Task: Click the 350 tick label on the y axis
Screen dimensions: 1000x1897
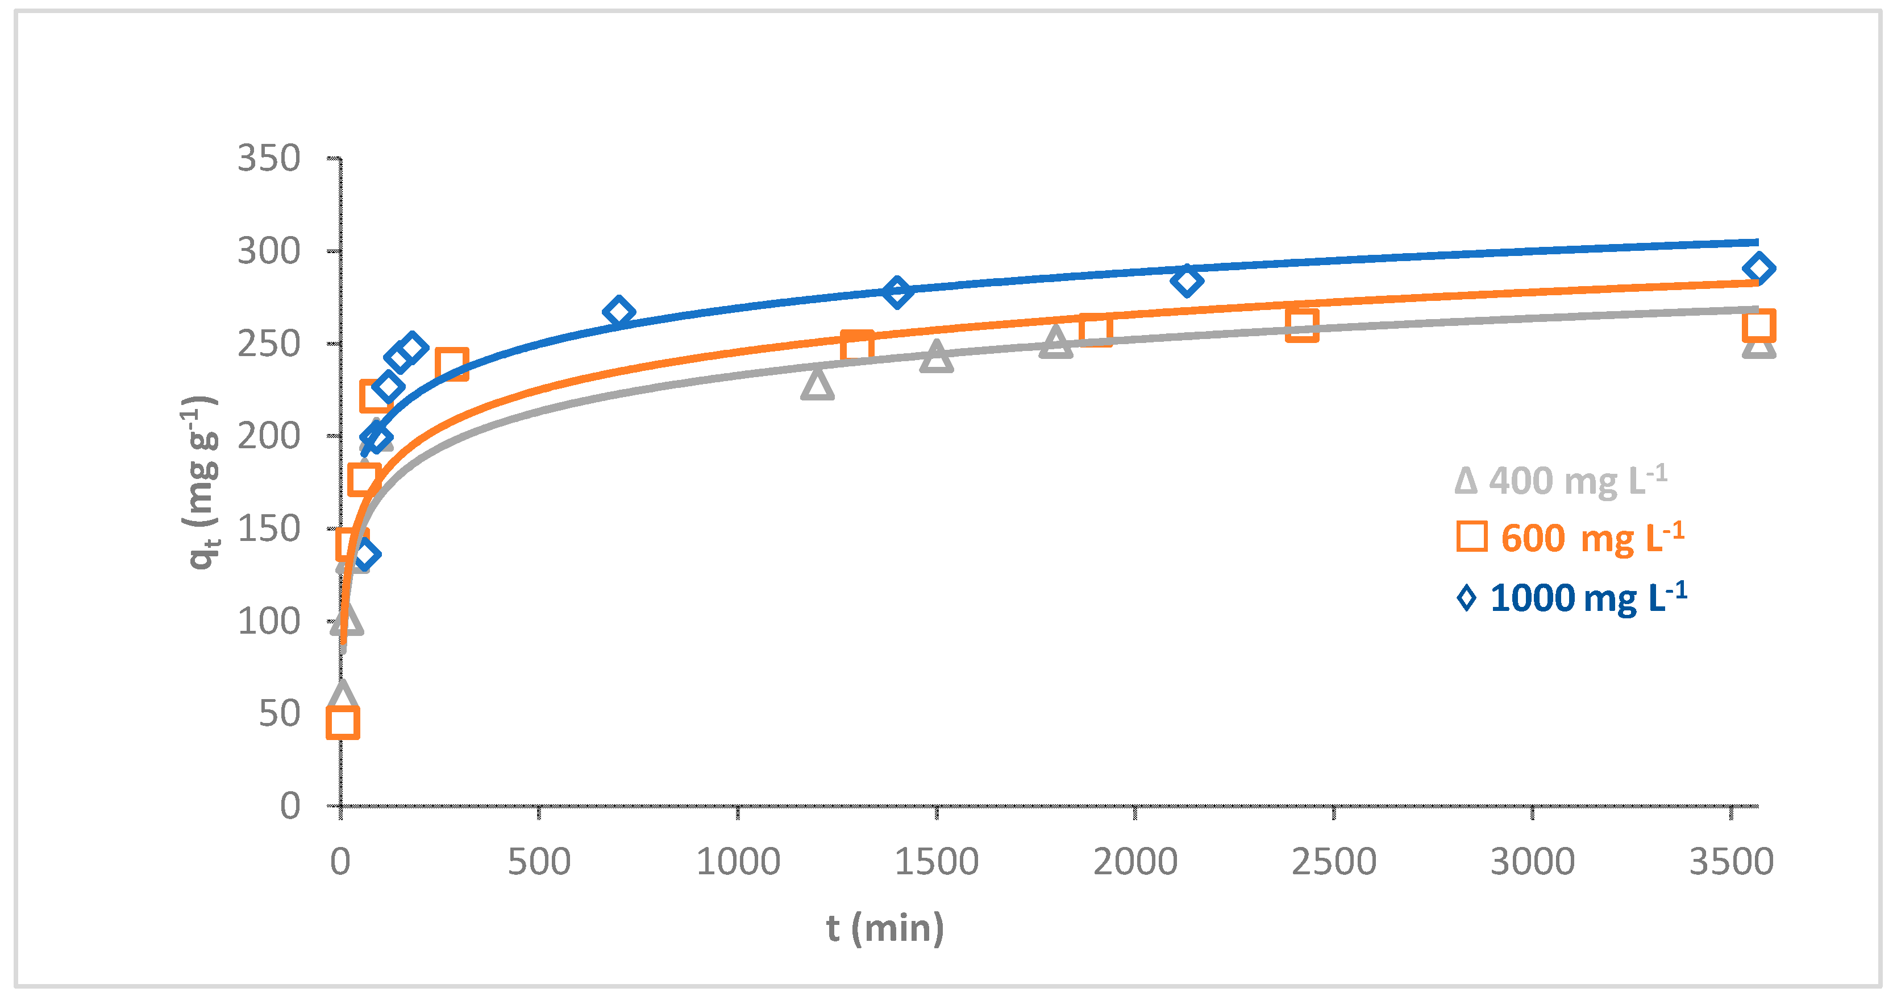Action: (x=269, y=159)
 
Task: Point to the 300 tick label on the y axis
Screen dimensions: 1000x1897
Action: (x=269, y=252)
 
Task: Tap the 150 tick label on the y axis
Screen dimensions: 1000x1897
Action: (x=269, y=529)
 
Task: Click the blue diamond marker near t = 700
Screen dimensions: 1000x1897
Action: (x=618, y=312)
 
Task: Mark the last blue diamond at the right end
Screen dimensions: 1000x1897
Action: (x=1758, y=268)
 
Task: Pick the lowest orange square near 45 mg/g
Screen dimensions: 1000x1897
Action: (x=343, y=722)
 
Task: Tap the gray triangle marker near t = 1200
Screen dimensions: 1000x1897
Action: (x=817, y=384)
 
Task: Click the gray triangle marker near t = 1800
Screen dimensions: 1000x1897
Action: (x=1055, y=342)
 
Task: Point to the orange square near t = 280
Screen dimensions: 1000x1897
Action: (x=451, y=364)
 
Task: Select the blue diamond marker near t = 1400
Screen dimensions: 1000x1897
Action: (x=897, y=292)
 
